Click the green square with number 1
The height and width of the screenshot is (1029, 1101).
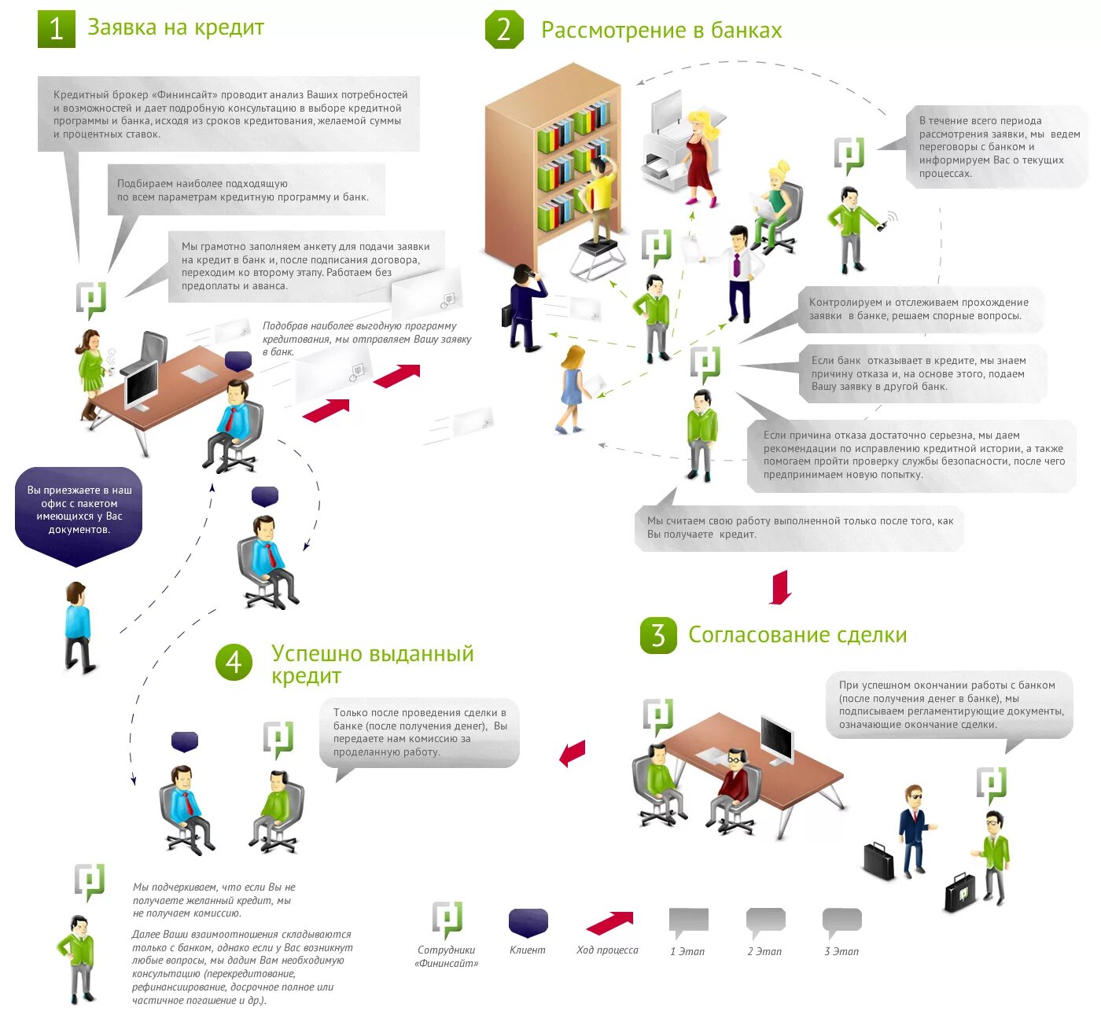(x=57, y=29)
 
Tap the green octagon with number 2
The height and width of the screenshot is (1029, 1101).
(x=504, y=30)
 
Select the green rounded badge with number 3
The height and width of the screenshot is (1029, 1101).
(x=658, y=635)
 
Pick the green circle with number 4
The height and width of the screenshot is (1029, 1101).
(x=234, y=662)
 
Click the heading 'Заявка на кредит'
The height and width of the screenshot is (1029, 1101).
(x=175, y=28)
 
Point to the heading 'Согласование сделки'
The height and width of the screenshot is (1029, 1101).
(x=797, y=635)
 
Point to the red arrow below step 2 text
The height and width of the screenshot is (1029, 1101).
(x=780, y=587)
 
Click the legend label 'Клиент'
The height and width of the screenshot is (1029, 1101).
(x=527, y=950)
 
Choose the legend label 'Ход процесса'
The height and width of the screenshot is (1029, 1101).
(x=607, y=950)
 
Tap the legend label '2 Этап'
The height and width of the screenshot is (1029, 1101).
(x=764, y=951)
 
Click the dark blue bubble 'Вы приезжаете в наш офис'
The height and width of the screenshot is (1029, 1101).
(x=79, y=511)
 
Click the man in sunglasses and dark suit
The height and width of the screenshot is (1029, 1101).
(x=914, y=829)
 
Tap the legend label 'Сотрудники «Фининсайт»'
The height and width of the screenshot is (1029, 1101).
(x=447, y=957)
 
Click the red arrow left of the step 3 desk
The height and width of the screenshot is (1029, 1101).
(x=573, y=753)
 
